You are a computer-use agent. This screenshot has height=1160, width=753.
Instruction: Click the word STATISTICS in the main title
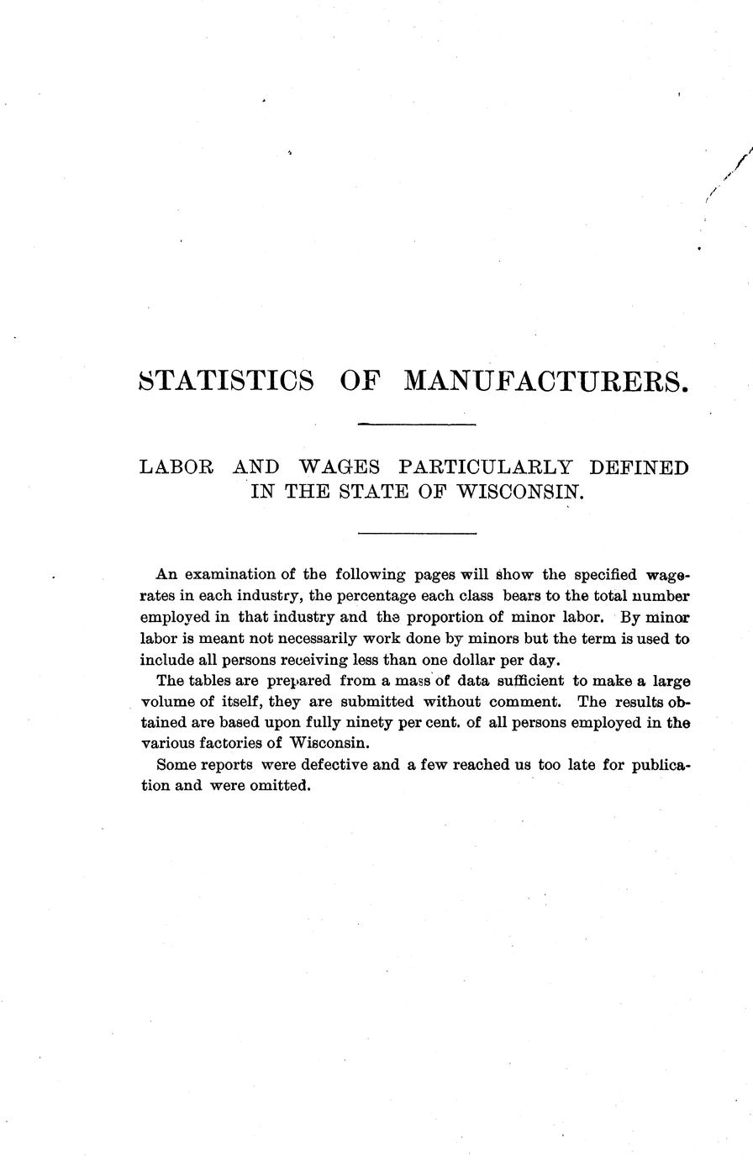click(225, 380)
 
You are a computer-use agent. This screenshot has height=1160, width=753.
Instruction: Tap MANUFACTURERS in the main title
click(546, 380)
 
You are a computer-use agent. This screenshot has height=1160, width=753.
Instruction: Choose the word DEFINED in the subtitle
click(640, 467)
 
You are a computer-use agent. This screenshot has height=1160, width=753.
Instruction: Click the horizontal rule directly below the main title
click(417, 424)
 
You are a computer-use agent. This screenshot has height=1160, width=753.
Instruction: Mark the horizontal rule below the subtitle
click(417, 533)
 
